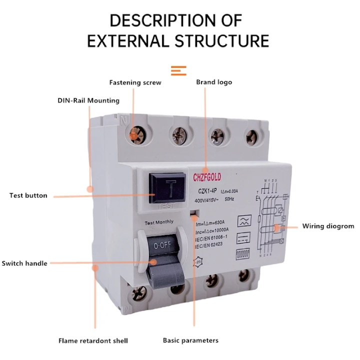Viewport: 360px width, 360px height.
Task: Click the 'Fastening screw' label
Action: point(135,82)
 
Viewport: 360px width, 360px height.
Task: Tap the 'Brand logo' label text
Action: point(213,82)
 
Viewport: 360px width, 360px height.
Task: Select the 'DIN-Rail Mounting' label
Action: point(88,100)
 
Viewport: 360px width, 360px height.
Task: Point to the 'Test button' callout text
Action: point(28,195)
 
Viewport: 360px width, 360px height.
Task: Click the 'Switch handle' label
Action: point(24,263)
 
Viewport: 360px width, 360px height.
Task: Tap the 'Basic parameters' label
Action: point(190,340)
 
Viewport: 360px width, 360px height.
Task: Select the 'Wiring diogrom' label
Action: point(328,226)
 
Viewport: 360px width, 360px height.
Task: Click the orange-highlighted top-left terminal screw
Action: point(134,134)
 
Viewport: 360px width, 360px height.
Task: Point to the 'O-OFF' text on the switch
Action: point(162,245)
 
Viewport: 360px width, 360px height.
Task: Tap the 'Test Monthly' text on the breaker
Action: point(159,222)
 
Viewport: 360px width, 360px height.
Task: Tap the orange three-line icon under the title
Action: point(178,70)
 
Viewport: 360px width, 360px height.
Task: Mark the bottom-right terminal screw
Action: point(244,274)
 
